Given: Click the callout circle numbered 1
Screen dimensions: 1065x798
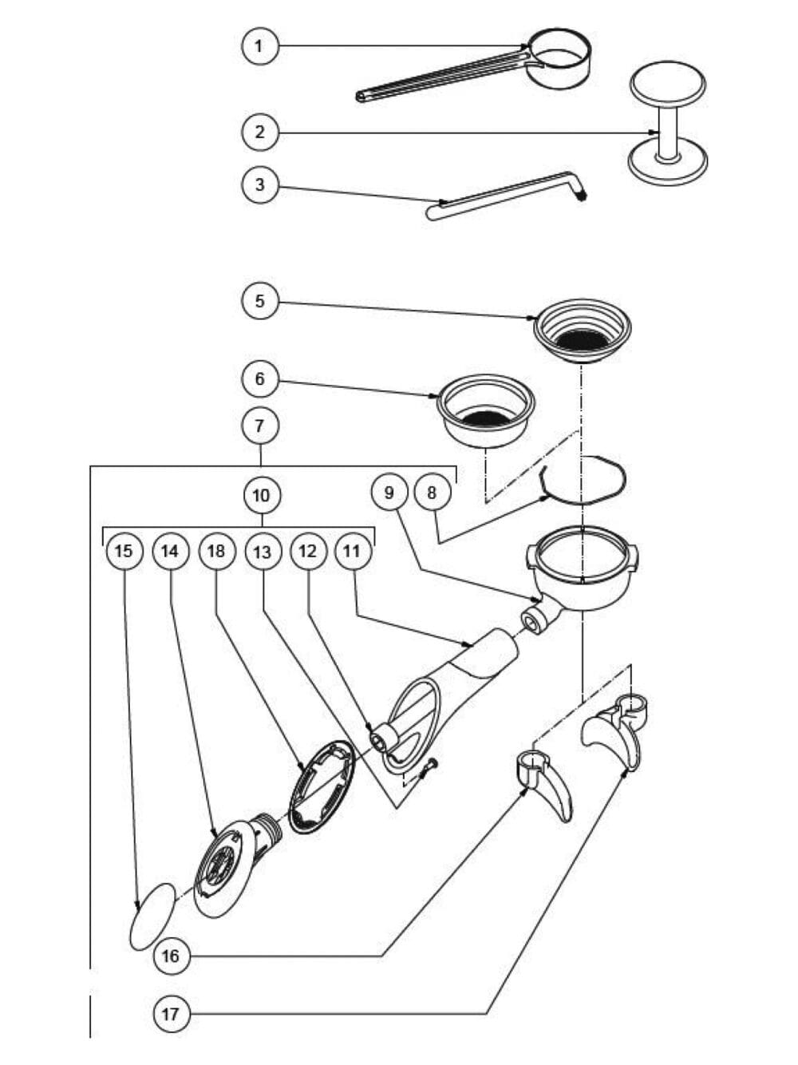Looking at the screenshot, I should pyautogui.click(x=259, y=46).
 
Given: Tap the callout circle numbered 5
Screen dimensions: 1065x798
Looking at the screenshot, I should pyautogui.click(x=259, y=301).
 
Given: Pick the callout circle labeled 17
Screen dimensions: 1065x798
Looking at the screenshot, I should pyautogui.click(x=171, y=1015).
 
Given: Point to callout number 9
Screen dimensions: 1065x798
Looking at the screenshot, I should pyautogui.click(x=389, y=492).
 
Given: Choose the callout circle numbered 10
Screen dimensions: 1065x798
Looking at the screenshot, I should pyautogui.click(x=262, y=495).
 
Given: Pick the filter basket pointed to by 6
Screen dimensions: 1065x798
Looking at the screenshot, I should pyautogui.click(x=485, y=411).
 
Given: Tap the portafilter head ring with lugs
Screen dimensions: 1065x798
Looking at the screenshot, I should pyautogui.click(x=583, y=567).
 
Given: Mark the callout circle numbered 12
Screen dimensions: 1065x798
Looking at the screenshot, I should pyautogui.click(x=308, y=551).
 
